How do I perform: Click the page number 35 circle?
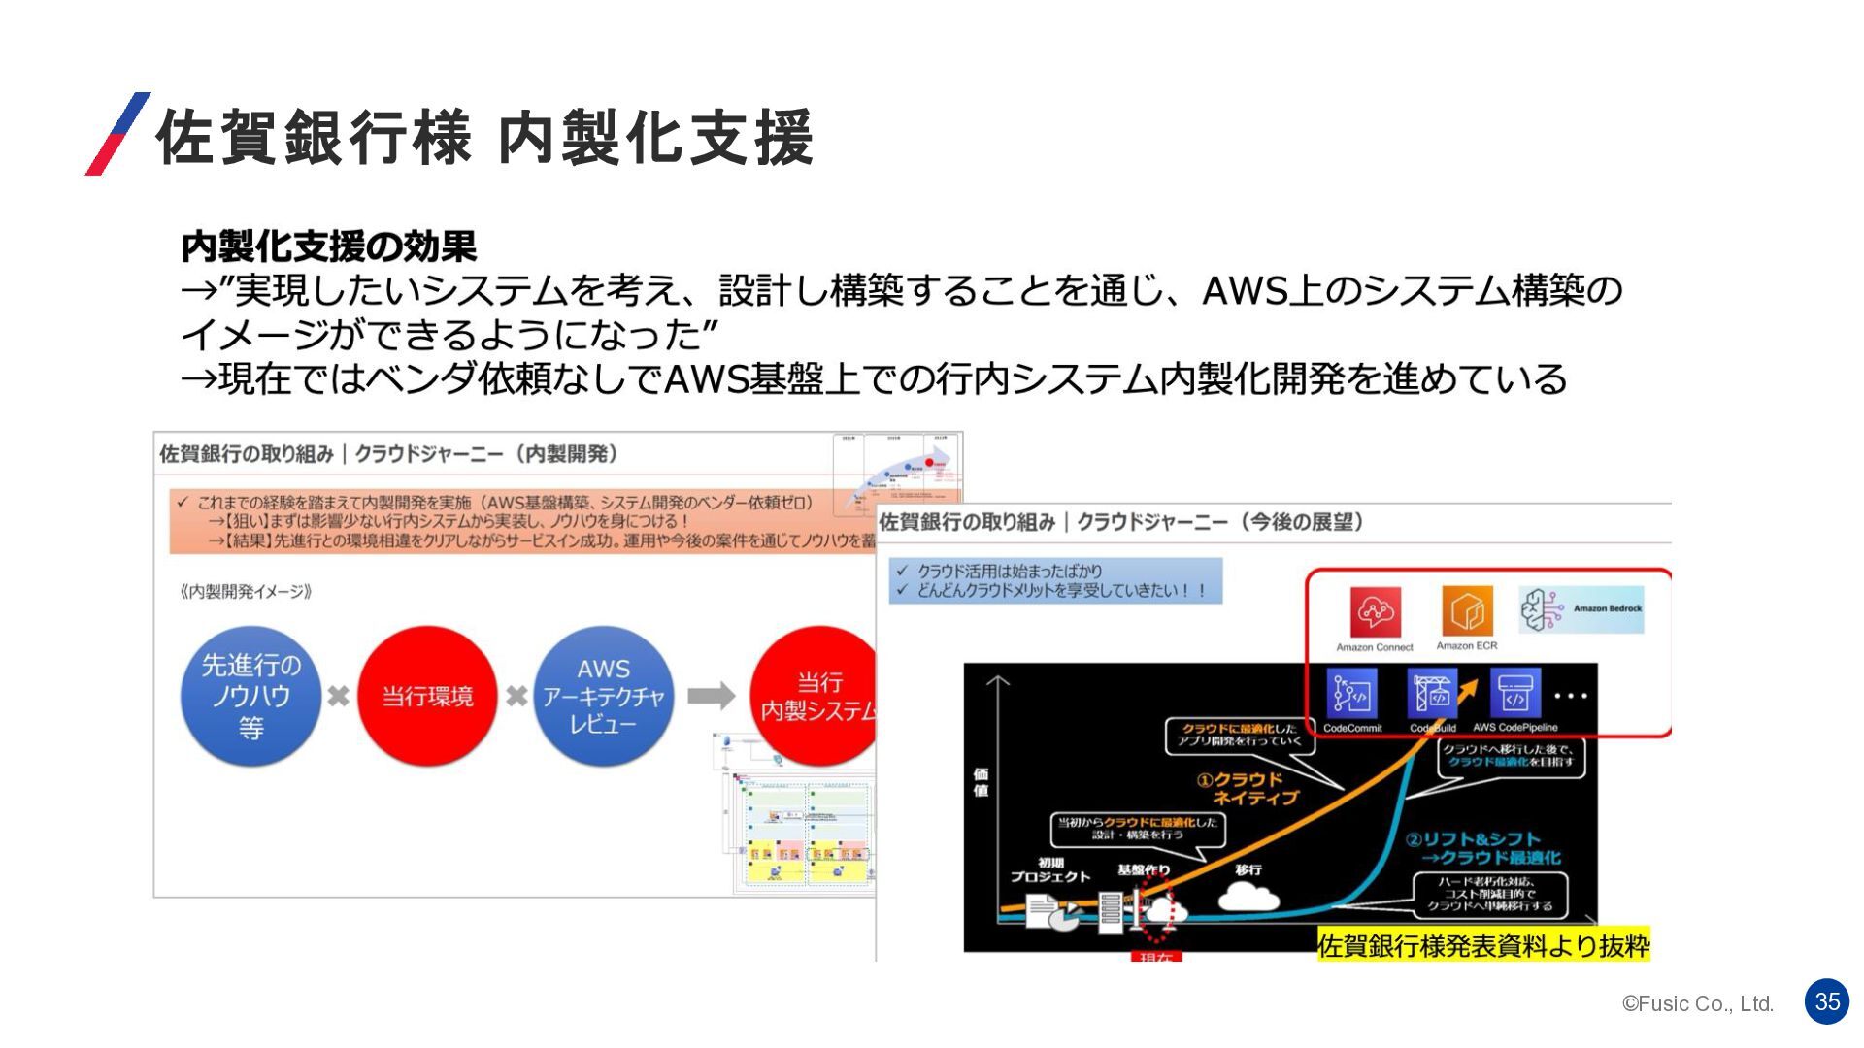1827,1001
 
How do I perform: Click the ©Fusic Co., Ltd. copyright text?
1697,1004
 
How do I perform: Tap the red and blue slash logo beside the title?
118,134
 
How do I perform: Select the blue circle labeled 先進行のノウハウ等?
250,696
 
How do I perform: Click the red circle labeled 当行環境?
427,696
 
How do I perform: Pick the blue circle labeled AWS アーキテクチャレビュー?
603,696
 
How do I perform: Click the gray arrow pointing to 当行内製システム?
711,696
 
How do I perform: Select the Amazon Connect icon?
1375,612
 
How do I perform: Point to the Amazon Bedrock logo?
1581,609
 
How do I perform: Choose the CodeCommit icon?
1351,695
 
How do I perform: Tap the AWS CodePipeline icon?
1514,695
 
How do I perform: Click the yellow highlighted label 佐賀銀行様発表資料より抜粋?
1483,945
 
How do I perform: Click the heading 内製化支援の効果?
328,246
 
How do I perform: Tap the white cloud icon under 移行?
1248,898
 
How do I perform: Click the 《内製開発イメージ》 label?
246,592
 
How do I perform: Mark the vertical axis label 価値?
981,782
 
